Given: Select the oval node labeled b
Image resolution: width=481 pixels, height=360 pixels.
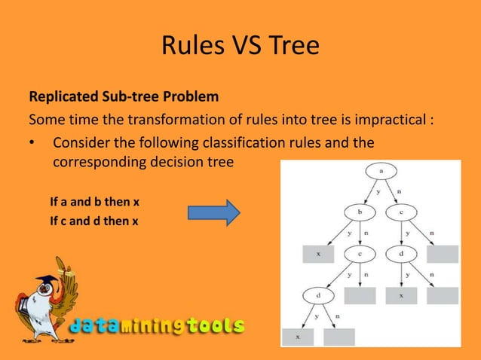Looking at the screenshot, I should point(359,213).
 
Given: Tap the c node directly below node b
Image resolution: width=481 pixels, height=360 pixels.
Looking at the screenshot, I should point(359,255).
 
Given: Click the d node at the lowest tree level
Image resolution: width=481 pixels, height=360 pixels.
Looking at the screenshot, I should point(317,296).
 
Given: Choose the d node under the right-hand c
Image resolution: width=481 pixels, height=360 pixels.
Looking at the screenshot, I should point(402,255).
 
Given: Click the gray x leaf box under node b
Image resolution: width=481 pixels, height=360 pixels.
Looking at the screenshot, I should point(317,255).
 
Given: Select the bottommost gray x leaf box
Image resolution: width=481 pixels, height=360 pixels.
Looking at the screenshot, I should point(297,337).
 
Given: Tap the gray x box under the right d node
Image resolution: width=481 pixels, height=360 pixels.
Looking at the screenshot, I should point(402,296).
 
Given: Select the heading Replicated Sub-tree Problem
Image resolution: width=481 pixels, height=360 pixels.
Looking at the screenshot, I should point(124,98).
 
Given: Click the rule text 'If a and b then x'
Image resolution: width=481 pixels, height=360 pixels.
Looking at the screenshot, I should point(95,203).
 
